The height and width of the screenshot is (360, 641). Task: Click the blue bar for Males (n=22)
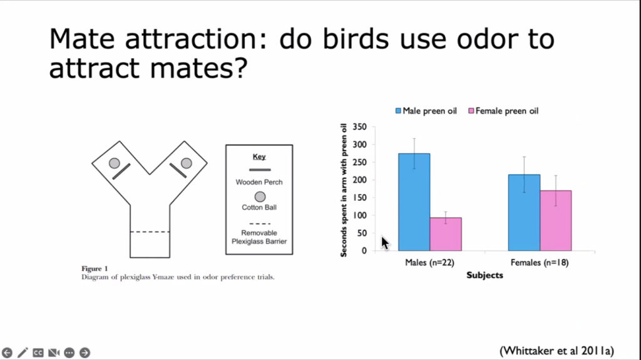414,202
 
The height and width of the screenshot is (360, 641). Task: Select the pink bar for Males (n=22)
446,234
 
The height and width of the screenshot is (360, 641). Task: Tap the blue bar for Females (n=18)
524,213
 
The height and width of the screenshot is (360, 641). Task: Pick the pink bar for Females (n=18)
556,220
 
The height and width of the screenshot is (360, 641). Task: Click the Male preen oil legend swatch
398,111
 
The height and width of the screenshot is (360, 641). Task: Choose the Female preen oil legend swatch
471,111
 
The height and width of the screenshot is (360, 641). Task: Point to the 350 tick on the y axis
360,127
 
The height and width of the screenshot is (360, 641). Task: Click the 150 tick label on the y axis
360,198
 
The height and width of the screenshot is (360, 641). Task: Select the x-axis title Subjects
485,275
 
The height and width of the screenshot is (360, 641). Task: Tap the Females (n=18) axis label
540,262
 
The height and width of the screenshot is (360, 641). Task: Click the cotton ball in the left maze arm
115,163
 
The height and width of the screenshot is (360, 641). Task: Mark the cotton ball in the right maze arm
187,163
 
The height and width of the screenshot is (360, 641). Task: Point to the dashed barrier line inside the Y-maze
150,232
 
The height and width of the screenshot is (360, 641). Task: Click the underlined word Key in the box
259,157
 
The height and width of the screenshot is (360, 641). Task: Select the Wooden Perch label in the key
259,182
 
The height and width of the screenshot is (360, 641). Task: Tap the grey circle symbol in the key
260,197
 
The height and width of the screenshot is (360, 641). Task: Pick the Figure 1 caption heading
95,269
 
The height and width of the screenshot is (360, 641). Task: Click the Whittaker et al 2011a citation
556,351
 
